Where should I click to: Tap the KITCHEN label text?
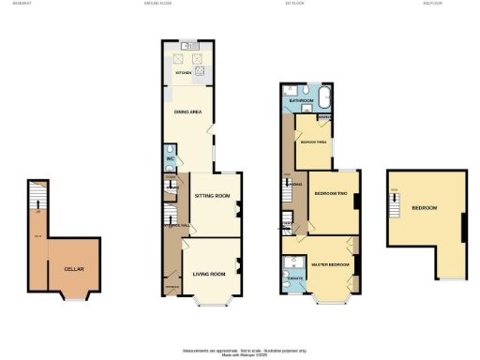(x=184, y=72)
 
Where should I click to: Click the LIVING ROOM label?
(x=209, y=274)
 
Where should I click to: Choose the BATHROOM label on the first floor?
(x=300, y=99)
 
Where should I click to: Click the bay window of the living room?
(x=211, y=303)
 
